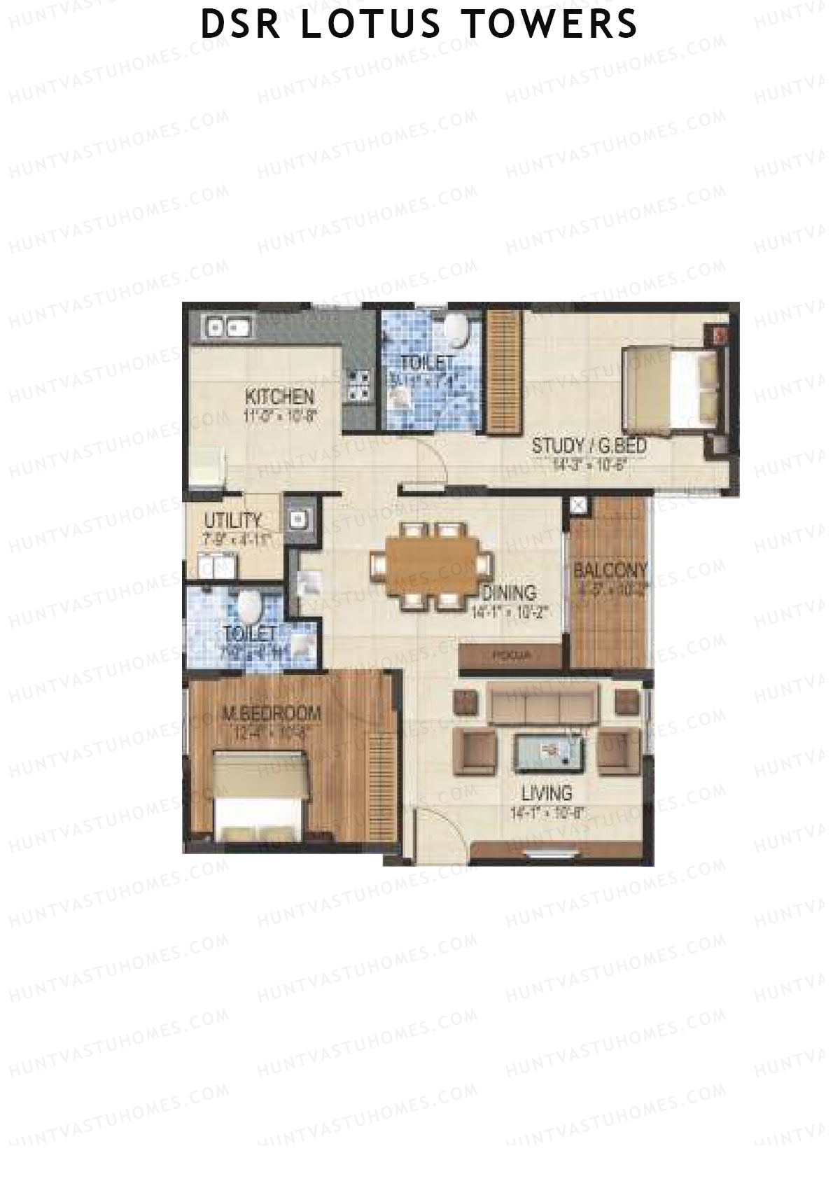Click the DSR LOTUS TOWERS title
click(419, 24)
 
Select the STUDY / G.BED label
click(589, 445)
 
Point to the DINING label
click(509, 592)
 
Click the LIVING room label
click(547, 793)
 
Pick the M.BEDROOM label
click(271, 714)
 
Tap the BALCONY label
click(610, 570)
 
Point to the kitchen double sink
click(225, 326)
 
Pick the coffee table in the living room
click(550, 752)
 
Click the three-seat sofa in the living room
click(543, 704)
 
